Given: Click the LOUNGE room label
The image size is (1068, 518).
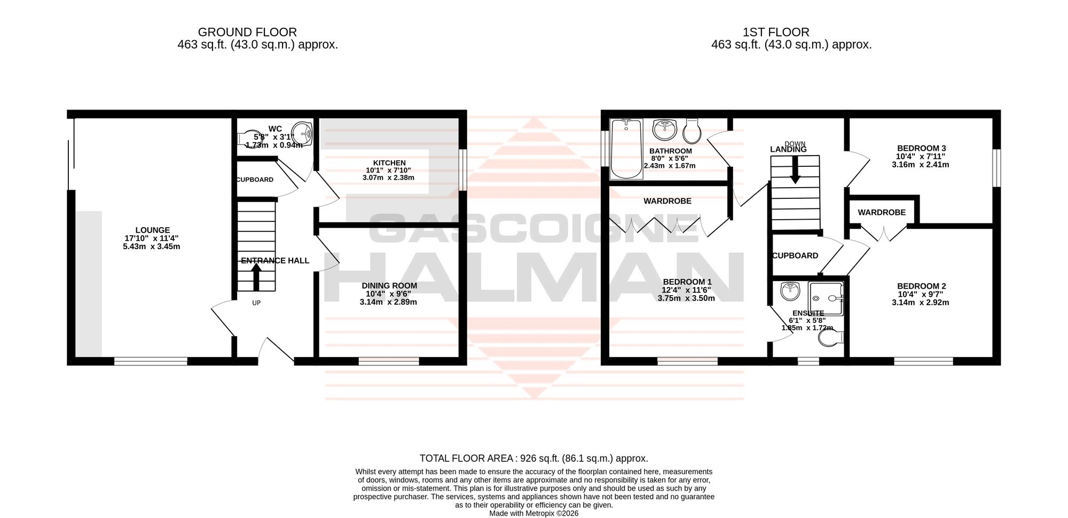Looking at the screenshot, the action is point(153,230).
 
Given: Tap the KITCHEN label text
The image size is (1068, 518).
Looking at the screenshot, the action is point(389,163).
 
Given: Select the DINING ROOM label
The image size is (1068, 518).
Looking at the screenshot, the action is point(389,286).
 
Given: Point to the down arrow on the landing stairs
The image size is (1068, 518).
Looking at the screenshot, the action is point(795,171).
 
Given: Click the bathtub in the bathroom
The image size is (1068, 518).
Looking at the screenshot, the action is point(626,149).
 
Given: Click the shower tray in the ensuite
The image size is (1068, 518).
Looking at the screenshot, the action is point(827,299).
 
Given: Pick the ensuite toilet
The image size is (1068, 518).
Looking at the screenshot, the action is point(831,337).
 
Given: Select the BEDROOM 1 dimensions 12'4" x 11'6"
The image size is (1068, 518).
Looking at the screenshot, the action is point(686,290).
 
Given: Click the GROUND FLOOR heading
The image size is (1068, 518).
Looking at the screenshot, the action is point(247,33).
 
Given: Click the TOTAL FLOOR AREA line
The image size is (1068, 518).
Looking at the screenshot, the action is point(534,459).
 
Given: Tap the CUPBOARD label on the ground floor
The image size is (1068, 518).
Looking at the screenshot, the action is point(255,180).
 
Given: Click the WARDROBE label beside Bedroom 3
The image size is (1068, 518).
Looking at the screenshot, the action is point(882,213).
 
